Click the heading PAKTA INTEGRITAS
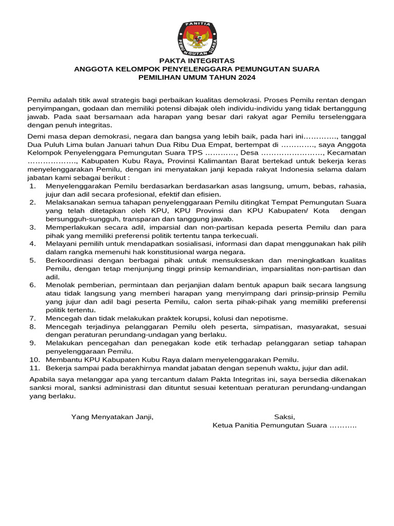197,61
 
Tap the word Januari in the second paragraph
110,144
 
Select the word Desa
249,153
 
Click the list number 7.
32,318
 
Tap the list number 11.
34,367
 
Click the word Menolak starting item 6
61,284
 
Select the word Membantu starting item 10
63,359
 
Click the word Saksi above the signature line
284,417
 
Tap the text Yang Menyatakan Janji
112,417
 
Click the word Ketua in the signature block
223,425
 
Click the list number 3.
32,227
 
